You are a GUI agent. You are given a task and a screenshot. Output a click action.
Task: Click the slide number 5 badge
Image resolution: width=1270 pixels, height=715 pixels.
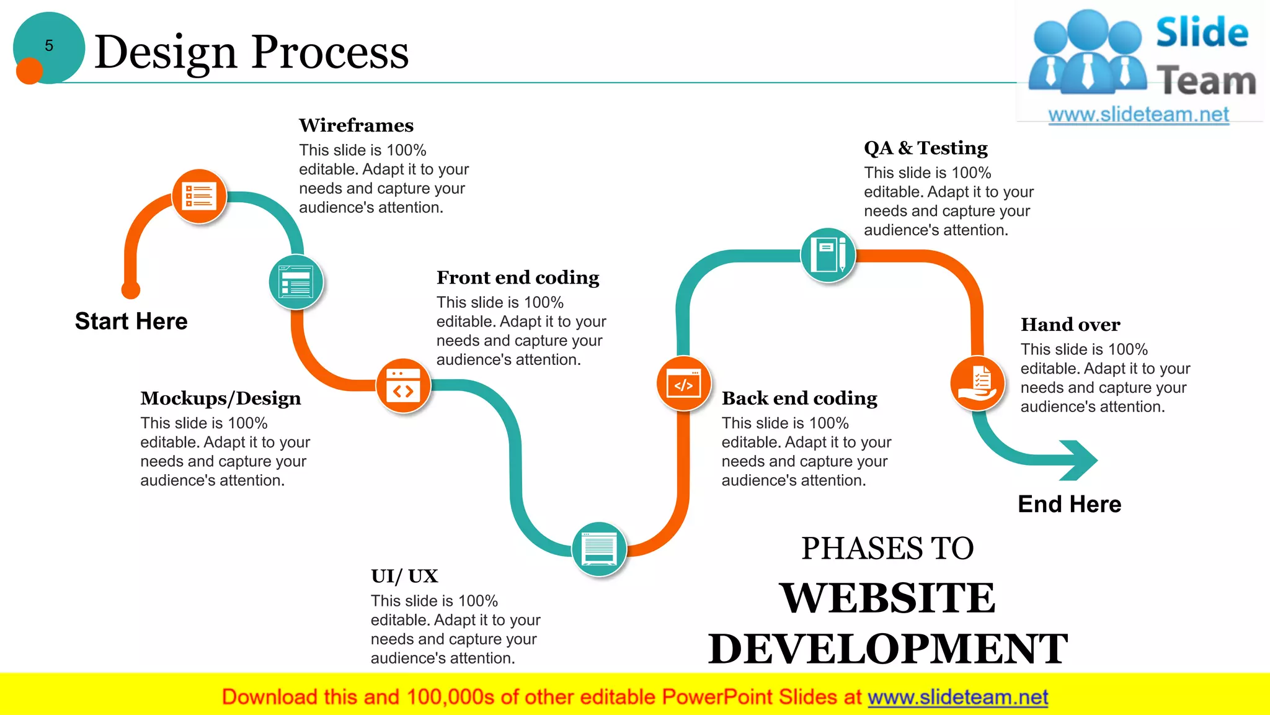click(x=48, y=47)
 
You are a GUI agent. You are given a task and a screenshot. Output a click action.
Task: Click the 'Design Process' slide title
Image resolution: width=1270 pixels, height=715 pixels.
click(x=251, y=52)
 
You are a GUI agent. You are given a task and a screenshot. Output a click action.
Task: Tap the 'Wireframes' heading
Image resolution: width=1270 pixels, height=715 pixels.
click(x=356, y=125)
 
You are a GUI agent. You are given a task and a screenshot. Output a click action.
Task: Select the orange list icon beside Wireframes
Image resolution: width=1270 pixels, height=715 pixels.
click(x=199, y=196)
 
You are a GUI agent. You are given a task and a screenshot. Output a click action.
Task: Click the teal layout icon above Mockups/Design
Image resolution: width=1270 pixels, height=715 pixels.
click(x=296, y=282)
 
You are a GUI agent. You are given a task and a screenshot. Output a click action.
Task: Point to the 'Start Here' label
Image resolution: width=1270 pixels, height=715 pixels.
click(x=131, y=322)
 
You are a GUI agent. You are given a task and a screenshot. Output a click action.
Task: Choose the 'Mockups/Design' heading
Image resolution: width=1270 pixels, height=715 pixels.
click(x=221, y=398)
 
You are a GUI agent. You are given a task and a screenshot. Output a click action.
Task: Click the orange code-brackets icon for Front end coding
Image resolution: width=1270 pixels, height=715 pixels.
click(x=403, y=385)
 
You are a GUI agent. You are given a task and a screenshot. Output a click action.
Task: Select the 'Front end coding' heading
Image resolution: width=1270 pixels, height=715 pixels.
click(x=518, y=277)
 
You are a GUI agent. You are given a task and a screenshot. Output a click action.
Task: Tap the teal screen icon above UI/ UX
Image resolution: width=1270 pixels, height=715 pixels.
click(x=599, y=549)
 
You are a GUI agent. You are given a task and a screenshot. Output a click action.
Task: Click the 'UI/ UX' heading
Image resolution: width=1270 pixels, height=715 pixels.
click(x=404, y=576)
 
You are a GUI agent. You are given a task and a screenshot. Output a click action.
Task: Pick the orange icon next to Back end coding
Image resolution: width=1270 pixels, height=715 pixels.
click(x=683, y=384)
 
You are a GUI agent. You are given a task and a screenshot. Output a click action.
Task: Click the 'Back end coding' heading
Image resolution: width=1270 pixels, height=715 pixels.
click(x=799, y=398)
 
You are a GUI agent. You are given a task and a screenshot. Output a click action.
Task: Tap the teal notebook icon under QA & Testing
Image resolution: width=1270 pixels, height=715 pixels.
click(x=828, y=254)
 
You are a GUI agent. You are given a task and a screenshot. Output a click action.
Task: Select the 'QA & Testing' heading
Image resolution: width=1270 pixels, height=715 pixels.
click(x=926, y=148)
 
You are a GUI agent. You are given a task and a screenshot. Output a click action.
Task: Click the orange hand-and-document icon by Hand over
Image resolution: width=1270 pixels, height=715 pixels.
click(x=977, y=383)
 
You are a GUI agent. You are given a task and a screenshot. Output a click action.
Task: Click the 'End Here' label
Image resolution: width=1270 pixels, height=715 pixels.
click(x=1070, y=504)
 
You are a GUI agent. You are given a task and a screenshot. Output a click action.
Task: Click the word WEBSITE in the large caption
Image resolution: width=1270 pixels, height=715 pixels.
click(x=887, y=598)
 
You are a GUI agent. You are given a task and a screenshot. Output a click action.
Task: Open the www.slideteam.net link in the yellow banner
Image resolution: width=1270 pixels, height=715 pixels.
click(x=957, y=698)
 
